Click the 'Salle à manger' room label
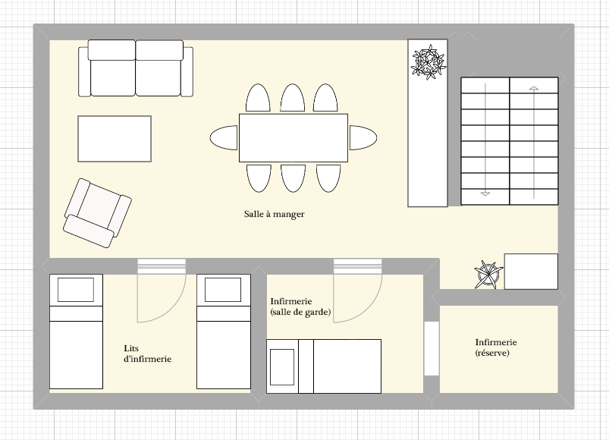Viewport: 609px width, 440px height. pos(275,214)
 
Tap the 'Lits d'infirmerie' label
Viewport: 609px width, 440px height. pos(148,354)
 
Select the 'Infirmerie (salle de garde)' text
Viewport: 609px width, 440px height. pos(300,306)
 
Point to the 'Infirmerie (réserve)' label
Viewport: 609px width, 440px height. pos(496,347)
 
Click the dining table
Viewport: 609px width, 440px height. pos(294,138)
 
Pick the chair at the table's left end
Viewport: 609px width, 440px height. pos(224,137)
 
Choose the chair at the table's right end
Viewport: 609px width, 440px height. pos(363,137)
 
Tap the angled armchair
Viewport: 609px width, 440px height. pos(97,213)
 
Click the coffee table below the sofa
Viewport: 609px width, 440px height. pos(115,139)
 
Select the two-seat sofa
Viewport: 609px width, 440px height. pos(136,68)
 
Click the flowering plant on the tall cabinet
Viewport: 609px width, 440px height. pos(428,62)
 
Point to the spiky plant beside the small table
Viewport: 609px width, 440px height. pos(488,275)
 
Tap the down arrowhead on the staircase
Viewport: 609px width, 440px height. pos(485,193)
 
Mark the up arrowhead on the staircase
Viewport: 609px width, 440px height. pos(534,89)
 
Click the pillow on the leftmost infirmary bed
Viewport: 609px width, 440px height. pos(76,290)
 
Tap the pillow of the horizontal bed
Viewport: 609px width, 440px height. pos(282,366)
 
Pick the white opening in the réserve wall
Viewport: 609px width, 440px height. pos(432,348)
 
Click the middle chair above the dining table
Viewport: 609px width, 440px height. pos(293,98)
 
